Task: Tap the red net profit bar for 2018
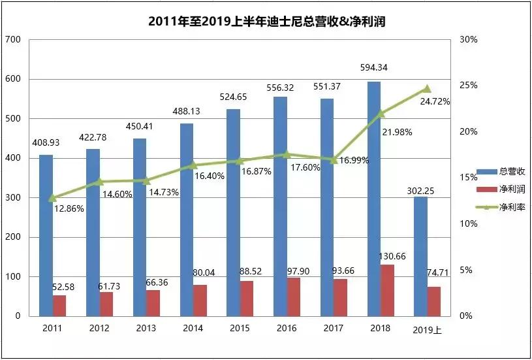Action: (x=388, y=290)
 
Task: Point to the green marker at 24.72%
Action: (x=427, y=88)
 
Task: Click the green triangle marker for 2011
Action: (x=53, y=197)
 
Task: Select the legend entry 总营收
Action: (x=506, y=171)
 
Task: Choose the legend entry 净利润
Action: (x=506, y=189)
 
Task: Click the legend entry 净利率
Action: (x=506, y=207)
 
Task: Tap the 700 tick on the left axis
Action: (x=14, y=40)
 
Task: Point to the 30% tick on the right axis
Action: (x=469, y=40)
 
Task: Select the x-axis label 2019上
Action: (x=427, y=331)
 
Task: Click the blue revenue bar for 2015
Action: (x=233, y=212)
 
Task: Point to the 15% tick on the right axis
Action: (x=469, y=178)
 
